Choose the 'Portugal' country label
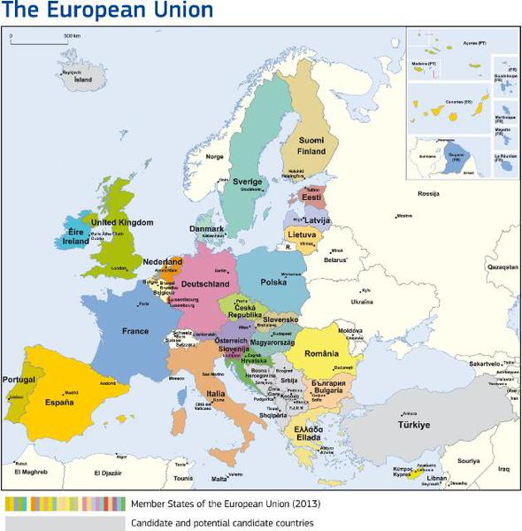pyautogui.click(x=19, y=380)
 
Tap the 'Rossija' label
pyautogui.click(x=428, y=192)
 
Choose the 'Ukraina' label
pyautogui.click(x=362, y=301)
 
